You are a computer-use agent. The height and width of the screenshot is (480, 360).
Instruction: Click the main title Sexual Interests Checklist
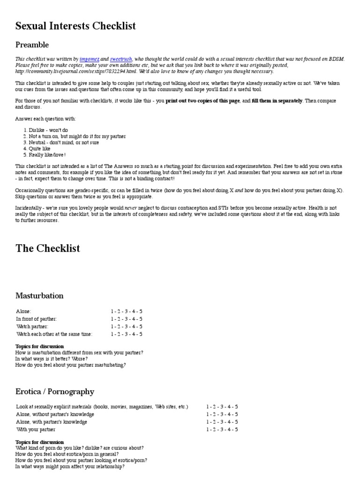point(75,25)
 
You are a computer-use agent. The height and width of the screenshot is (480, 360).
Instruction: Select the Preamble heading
point(32,45)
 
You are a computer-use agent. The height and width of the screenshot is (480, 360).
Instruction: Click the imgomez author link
point(89,59)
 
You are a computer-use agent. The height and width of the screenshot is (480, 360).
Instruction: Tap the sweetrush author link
point(121,59)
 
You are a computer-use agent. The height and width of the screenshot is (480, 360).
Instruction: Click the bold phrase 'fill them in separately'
point(277,101)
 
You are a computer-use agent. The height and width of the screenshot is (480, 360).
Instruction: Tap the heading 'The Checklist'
point(48,248)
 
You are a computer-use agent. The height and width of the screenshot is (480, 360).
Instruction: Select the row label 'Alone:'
point(24,311)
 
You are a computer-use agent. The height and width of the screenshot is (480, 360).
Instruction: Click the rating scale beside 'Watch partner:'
point(127,327)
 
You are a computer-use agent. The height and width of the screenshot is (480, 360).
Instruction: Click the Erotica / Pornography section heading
point(55,391)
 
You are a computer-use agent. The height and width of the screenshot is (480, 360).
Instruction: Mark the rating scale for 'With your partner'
point(222,429)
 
